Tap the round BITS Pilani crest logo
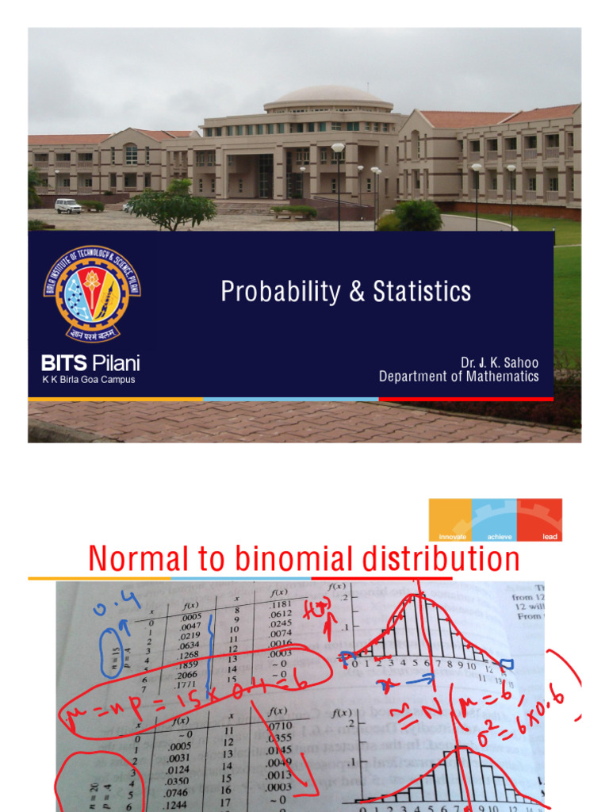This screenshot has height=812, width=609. coord(93,293)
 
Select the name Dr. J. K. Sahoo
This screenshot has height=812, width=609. coord(500,362)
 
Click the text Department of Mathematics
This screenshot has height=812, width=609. coord(458,377)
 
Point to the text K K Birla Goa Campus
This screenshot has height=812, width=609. coord(88,380)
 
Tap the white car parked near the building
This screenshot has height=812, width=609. coord(68,206)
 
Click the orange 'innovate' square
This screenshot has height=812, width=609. coord(450,520)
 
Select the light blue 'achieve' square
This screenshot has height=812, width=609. coord(494,520)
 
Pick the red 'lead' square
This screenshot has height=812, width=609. coord(540,520)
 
